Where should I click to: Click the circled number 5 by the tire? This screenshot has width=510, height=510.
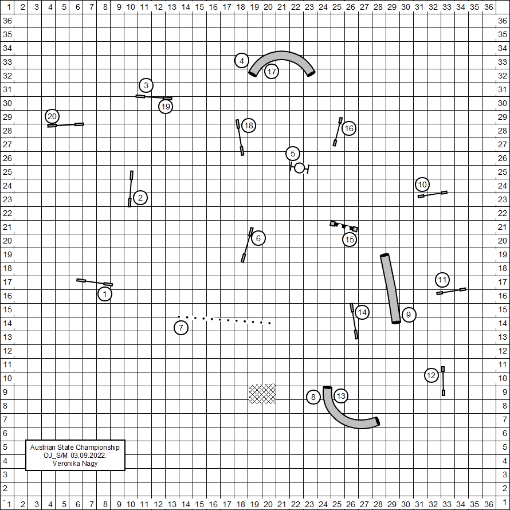[x=293, y=154]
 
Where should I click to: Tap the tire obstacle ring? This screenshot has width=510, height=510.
[x=299, y=168]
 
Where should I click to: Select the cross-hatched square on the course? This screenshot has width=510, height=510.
[x=262, y=394]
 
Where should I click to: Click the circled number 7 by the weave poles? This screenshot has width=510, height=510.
[x=181, y=328]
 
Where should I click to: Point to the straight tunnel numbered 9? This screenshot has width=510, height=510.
[x=390, y=289]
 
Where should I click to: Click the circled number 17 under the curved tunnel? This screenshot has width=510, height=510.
[x=272, y=71]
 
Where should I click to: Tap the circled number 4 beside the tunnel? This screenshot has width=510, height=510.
[x=242, y=61]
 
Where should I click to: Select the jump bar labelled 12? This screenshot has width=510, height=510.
[x=443, y=381]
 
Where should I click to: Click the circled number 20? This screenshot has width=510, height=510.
[x=52, y=116]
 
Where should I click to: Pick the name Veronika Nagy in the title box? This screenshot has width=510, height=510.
[x=75, y=463]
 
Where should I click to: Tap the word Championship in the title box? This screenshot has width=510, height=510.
[x=97, y=448]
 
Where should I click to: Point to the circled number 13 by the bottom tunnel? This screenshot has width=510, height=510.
[x=341, y=396]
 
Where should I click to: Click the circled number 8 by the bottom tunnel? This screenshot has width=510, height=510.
[x=313, y=397]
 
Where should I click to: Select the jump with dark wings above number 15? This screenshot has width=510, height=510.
[x=344, y=226]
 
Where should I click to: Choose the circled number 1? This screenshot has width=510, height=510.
[x=105, y=294]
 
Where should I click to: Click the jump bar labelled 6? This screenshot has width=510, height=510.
[x=247, y=245]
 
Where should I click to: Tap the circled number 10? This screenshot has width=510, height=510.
[x=422, y=185]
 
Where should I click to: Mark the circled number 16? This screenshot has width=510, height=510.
[x=349, y=128]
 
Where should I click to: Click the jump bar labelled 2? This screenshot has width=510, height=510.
[x=131, y=189]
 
